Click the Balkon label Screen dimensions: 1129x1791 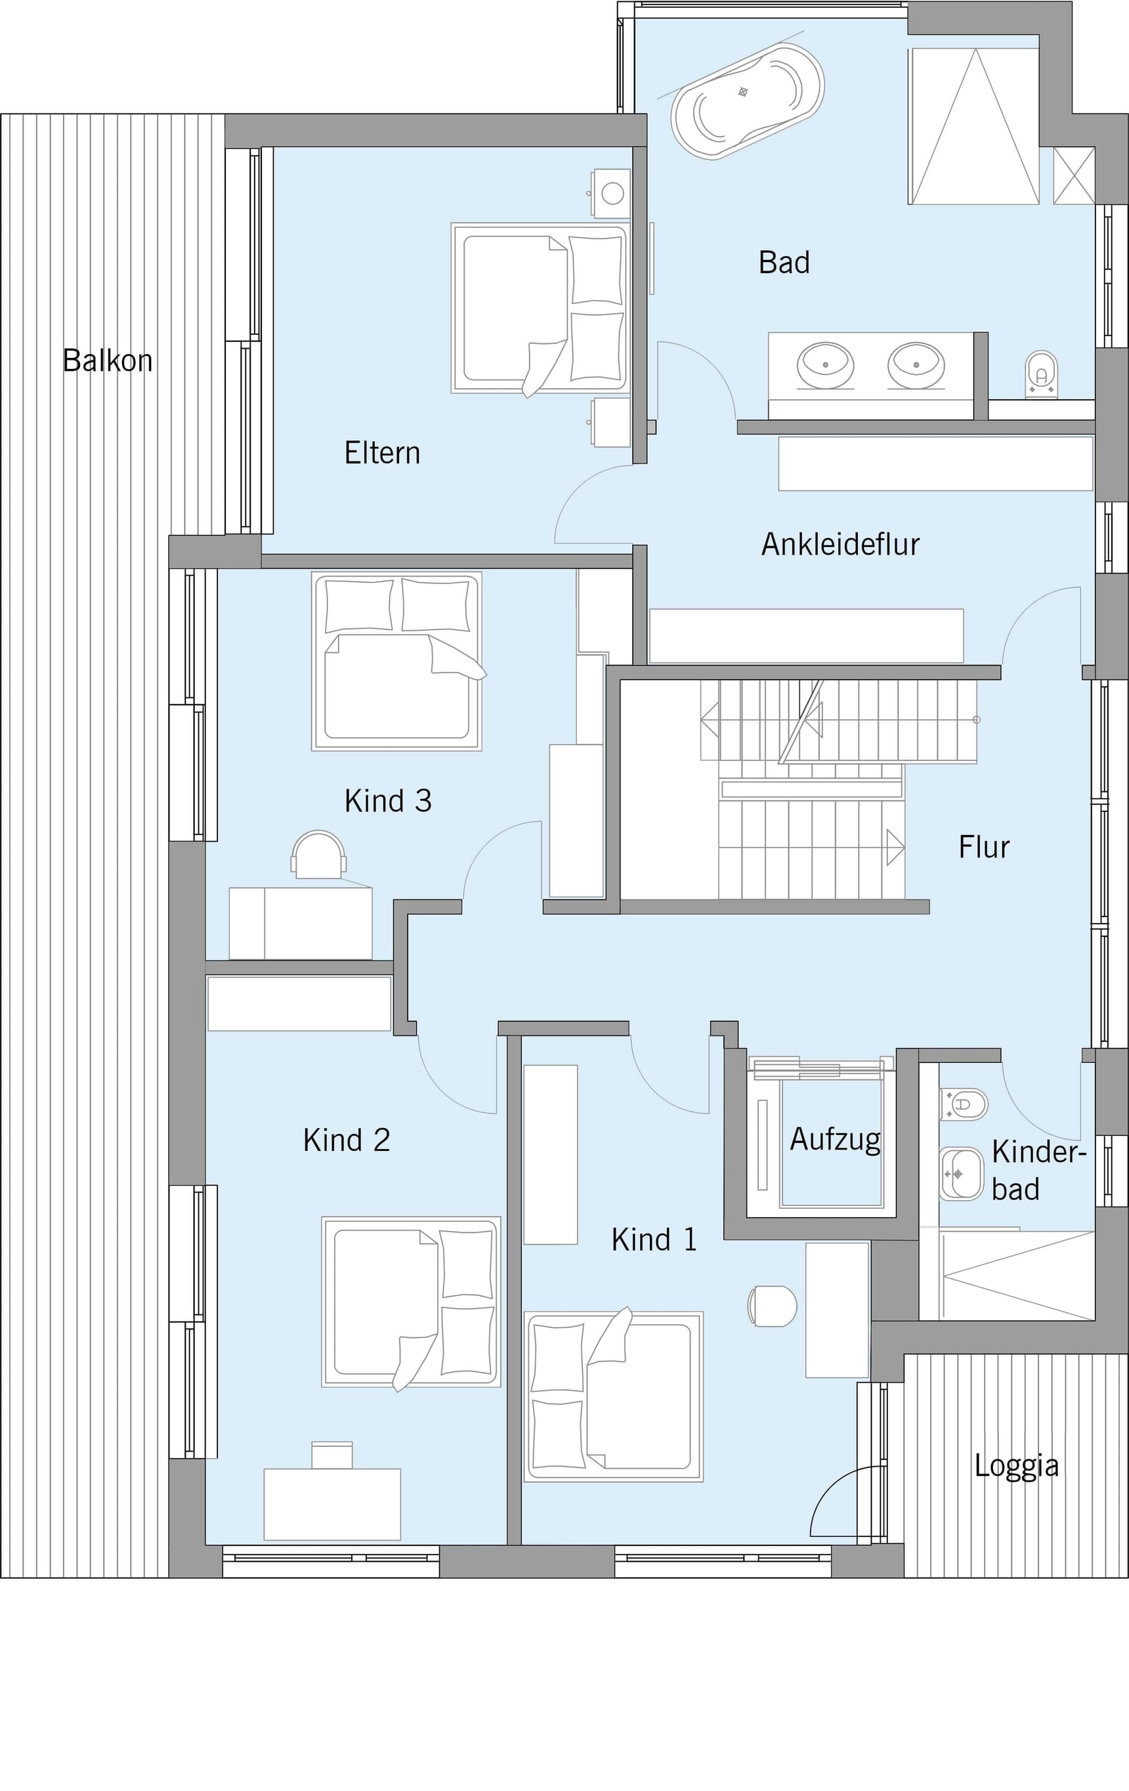(107, 360)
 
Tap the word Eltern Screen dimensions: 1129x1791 (382, 453)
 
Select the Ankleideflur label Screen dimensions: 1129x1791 (840, 544)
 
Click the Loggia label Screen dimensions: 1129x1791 (1017, 1465)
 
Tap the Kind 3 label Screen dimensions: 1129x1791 (387, 801)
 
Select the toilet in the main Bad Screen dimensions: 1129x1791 (1041, 375)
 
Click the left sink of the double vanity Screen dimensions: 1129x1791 (825, 365)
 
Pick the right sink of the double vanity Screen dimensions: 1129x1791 (916, 365)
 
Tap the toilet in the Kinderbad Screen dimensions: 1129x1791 (964, 1104)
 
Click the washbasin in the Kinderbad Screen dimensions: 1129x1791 (962, 1174)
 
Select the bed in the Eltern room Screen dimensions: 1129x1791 (539, 309)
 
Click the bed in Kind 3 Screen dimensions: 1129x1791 (397, 660)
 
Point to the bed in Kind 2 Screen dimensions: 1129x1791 (412, 1303)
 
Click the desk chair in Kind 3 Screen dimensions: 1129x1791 (318, 854)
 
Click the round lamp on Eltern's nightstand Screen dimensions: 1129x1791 (613, 194)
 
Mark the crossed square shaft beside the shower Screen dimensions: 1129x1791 (1074, 175)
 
